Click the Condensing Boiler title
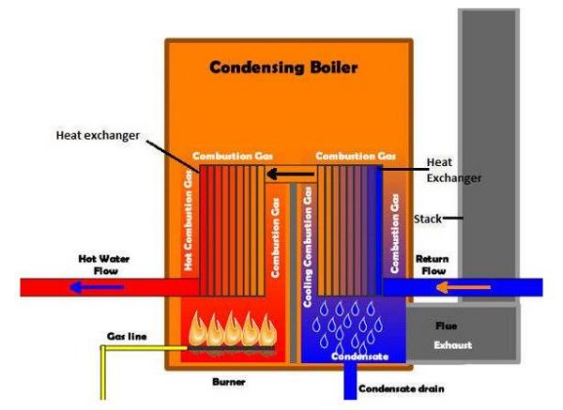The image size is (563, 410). click(x=282, y=68)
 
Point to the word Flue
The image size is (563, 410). click(x=447, y=326)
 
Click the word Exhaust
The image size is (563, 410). click(x=452, y=345)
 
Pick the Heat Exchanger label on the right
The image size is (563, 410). click(x=454, y=169)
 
